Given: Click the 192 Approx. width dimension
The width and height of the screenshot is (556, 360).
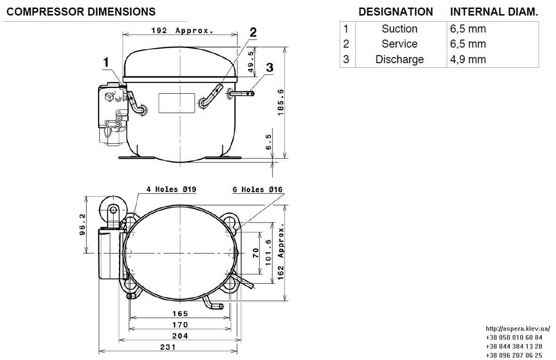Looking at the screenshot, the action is [182, 31].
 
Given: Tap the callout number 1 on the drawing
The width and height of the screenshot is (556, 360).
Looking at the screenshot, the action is [106, 62].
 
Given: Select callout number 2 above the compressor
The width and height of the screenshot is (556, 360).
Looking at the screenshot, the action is [253, 32].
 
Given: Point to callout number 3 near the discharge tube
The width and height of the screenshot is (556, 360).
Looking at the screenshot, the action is [270, 67].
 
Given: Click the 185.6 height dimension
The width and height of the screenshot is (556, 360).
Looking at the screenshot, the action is [280, 102].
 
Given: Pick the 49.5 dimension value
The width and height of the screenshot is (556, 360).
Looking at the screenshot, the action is [251, 62].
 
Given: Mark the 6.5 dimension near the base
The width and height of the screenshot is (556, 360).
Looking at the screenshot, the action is [269, 142].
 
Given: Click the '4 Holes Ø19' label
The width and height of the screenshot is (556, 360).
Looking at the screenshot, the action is [171, 189].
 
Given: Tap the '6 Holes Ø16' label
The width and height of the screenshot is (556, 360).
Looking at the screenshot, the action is [257, 190].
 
